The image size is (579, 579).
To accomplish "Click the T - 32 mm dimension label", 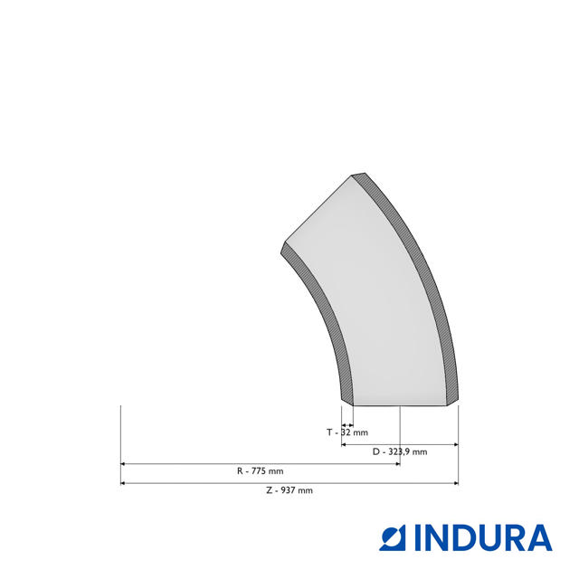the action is click(x=347, y=432).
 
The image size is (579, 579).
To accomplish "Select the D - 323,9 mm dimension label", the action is click(x=400, y=451).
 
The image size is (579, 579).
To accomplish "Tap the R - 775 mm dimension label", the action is click(x=261, y=471).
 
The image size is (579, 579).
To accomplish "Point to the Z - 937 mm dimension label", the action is click(x=289, y=490).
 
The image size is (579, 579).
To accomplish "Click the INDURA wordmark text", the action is click(x=483, y=537).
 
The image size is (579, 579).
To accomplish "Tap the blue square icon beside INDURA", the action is click(x=393, y=537).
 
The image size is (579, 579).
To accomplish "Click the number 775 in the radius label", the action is click(x=259, y=471).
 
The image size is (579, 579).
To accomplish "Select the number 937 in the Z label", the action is click(x=288, y=490).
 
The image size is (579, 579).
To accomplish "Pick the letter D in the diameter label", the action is click(x=376, y=451).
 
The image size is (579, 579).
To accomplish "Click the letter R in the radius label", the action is click(x=240, y=471).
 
